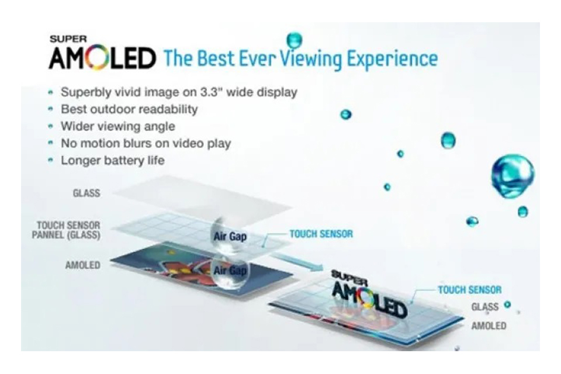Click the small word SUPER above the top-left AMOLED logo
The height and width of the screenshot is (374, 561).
[x=68, y=39]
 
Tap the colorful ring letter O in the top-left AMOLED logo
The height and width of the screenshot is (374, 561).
[x=96, y=58]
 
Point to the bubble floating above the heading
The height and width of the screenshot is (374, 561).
[x=295, y=40]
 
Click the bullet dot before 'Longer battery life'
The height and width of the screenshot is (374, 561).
[x=50, y=160]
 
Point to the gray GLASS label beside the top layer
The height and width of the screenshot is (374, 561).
[x=86, y=193]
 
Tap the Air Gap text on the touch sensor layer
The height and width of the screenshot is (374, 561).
[x=230, y=237]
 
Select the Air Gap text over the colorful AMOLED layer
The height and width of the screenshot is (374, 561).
[x=230, y=271]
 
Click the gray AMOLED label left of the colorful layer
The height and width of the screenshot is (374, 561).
[x=82, y=265]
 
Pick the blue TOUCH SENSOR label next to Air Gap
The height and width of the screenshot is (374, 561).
[x=321, y=234]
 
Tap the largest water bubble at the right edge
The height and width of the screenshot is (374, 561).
[x=512, y=176]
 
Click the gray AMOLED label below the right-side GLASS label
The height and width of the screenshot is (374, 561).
[x=489, y=325]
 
